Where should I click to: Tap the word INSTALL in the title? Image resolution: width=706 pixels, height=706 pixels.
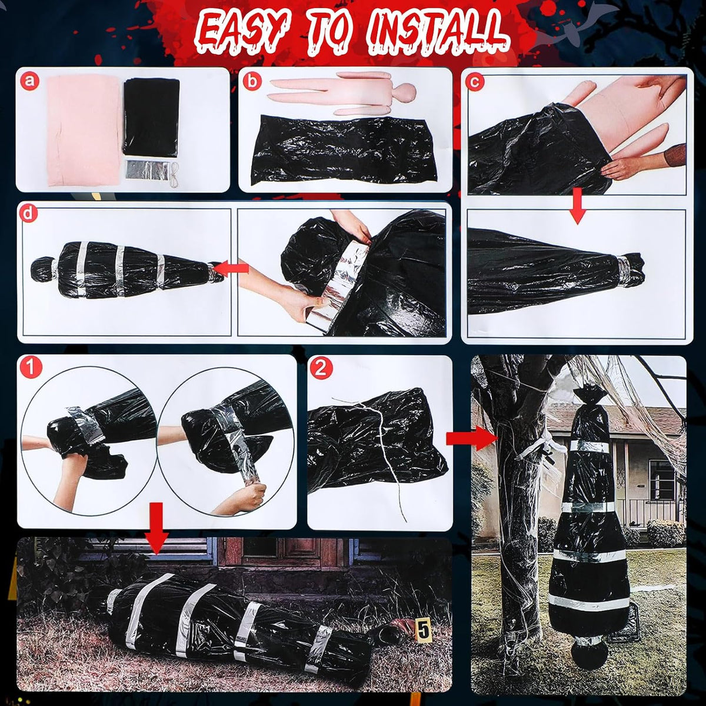pyautogui.click(x=438, y=32)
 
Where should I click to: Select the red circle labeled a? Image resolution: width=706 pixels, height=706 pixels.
pyautogui.click(x=29, y=81)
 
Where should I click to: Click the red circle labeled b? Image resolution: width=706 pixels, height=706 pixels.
pyautogui.click(x=252, y=81)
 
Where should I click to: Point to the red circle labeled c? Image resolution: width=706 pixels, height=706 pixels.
pyautogui.click(x=475, y=82)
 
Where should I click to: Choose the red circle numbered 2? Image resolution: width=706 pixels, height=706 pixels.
pyautogui.click(x=321, y=368)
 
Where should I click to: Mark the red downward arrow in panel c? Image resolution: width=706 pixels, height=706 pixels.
pyautogui.click(x=577, y=206)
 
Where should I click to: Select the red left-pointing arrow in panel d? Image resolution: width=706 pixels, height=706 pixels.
pyautogui.click(x=231, y=268)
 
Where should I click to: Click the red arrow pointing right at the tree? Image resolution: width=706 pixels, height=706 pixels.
pyautogui.click(x=471, y=438)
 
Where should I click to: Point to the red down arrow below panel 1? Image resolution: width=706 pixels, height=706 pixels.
pyautogui.click(x=156, y=528)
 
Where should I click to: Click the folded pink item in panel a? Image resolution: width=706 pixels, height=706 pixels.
pyautogui.click(x=84, y=129)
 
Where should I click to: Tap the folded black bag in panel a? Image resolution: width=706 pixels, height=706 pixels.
pyautogui.click(x=151, y=118)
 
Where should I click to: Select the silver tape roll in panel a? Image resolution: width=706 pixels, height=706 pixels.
pyautogui.click(x=147, y=169)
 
